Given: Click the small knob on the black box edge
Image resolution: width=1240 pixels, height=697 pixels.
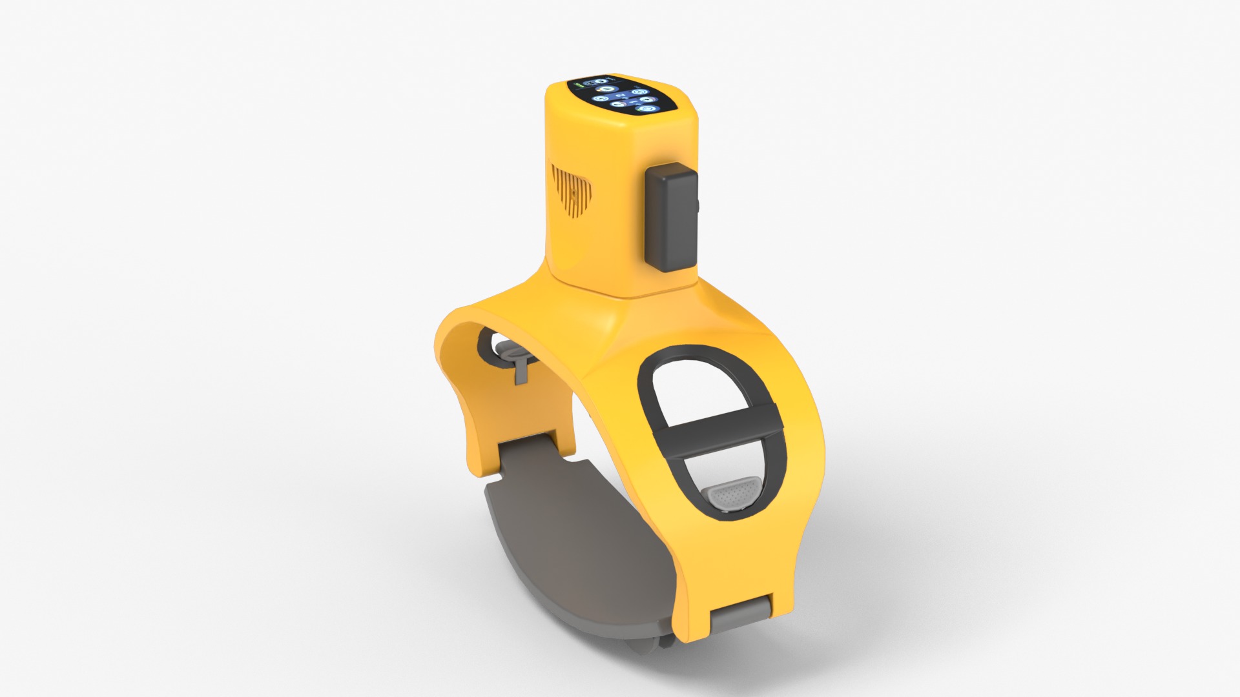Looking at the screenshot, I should click(x=700, y=207).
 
